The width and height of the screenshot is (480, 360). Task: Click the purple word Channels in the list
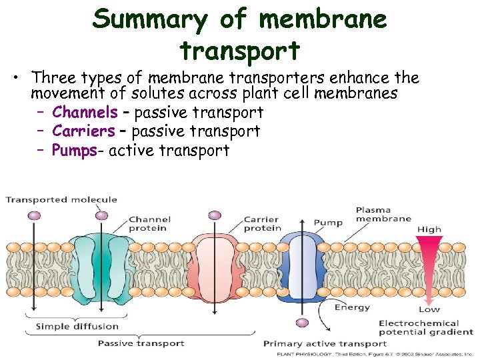85,112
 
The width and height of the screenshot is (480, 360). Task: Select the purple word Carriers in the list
83,131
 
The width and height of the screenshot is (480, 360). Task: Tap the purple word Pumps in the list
74,150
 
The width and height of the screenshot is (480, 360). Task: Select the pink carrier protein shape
213,267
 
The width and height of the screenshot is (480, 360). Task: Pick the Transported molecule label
61,199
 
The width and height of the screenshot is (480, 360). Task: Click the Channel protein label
149,223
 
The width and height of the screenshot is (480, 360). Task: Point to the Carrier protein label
262,224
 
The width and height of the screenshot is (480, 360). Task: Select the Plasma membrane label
383,214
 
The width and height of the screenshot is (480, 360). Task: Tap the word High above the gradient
429,229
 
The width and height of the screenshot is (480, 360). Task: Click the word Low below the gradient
429,309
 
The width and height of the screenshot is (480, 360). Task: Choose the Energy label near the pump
352,307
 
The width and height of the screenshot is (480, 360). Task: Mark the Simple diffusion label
77,326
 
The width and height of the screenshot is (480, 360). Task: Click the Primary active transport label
325,343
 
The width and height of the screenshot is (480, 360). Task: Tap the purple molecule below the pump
302,323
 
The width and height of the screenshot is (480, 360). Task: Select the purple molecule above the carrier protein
215,215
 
